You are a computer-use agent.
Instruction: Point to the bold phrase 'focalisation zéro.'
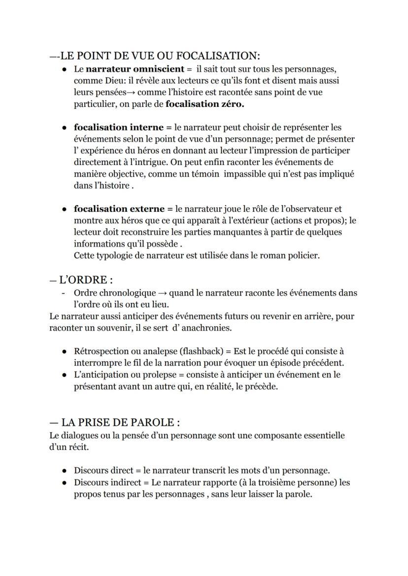tap(205, 104)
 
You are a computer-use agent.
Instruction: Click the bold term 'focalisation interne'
tap(119, 128)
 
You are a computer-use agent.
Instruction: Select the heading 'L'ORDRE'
tap(83, 280)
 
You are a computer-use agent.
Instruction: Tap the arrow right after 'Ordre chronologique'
tap(163, 293)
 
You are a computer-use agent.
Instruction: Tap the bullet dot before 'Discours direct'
tap(65, 471)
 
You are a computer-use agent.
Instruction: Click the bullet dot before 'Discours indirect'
tap(65, 482)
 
